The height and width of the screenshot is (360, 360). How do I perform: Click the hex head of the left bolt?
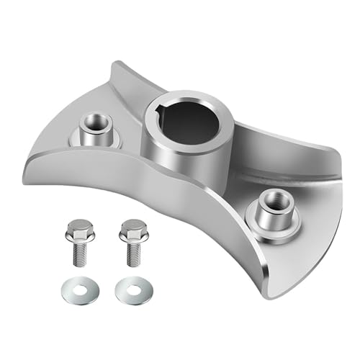79,230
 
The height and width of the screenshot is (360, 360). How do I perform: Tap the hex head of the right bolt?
133,229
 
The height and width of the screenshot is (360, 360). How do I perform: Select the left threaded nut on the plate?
94,129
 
